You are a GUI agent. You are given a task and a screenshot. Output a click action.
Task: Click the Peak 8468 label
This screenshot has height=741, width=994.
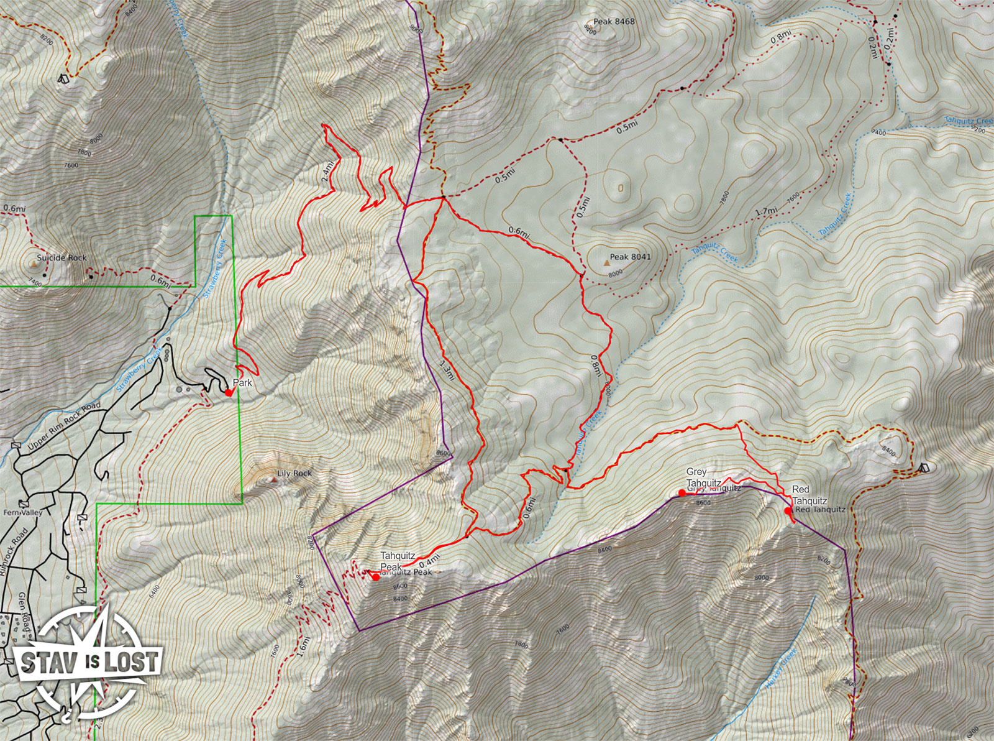pos(614,21)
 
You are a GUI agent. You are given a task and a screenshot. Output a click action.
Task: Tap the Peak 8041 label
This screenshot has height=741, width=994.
pos(630,257)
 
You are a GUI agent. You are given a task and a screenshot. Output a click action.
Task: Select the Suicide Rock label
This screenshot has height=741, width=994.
pos(62,257)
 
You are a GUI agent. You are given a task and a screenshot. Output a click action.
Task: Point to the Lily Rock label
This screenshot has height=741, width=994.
pos(294,474)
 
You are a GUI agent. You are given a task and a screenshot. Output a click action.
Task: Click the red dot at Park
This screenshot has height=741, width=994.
pos(229,393)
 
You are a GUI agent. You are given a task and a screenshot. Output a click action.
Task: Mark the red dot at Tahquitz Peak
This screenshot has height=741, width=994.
pos(376,577)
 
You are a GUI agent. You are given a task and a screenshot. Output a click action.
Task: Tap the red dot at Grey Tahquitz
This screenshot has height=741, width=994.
pos(682,493)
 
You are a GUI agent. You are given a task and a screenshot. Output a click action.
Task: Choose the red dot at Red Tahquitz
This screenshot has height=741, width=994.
pos(788,511)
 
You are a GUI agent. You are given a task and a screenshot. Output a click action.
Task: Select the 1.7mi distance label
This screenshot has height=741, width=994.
pos(766,211)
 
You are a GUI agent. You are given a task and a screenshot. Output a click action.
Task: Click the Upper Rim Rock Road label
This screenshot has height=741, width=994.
pos(64,426)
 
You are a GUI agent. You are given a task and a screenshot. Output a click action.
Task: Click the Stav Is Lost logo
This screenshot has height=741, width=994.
pos(87,661)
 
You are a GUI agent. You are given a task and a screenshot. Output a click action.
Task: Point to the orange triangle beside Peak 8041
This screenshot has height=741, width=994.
pos(606,264)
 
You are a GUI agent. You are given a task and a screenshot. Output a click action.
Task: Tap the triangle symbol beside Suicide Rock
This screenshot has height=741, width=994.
pos(32,264)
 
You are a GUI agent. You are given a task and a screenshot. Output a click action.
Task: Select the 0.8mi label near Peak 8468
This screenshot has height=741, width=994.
pos(781,37)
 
